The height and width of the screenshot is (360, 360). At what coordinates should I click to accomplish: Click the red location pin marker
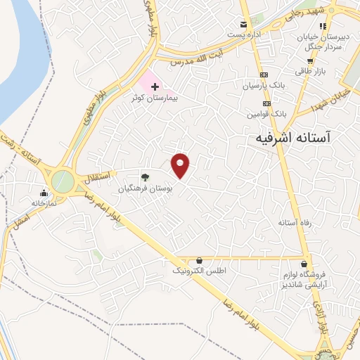[181, 166]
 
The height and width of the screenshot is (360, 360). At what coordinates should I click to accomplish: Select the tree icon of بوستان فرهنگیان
[145, 177]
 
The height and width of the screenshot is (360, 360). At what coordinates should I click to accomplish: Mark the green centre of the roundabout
[62, 181]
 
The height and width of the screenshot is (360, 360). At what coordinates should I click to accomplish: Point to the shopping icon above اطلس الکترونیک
[200, 260]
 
